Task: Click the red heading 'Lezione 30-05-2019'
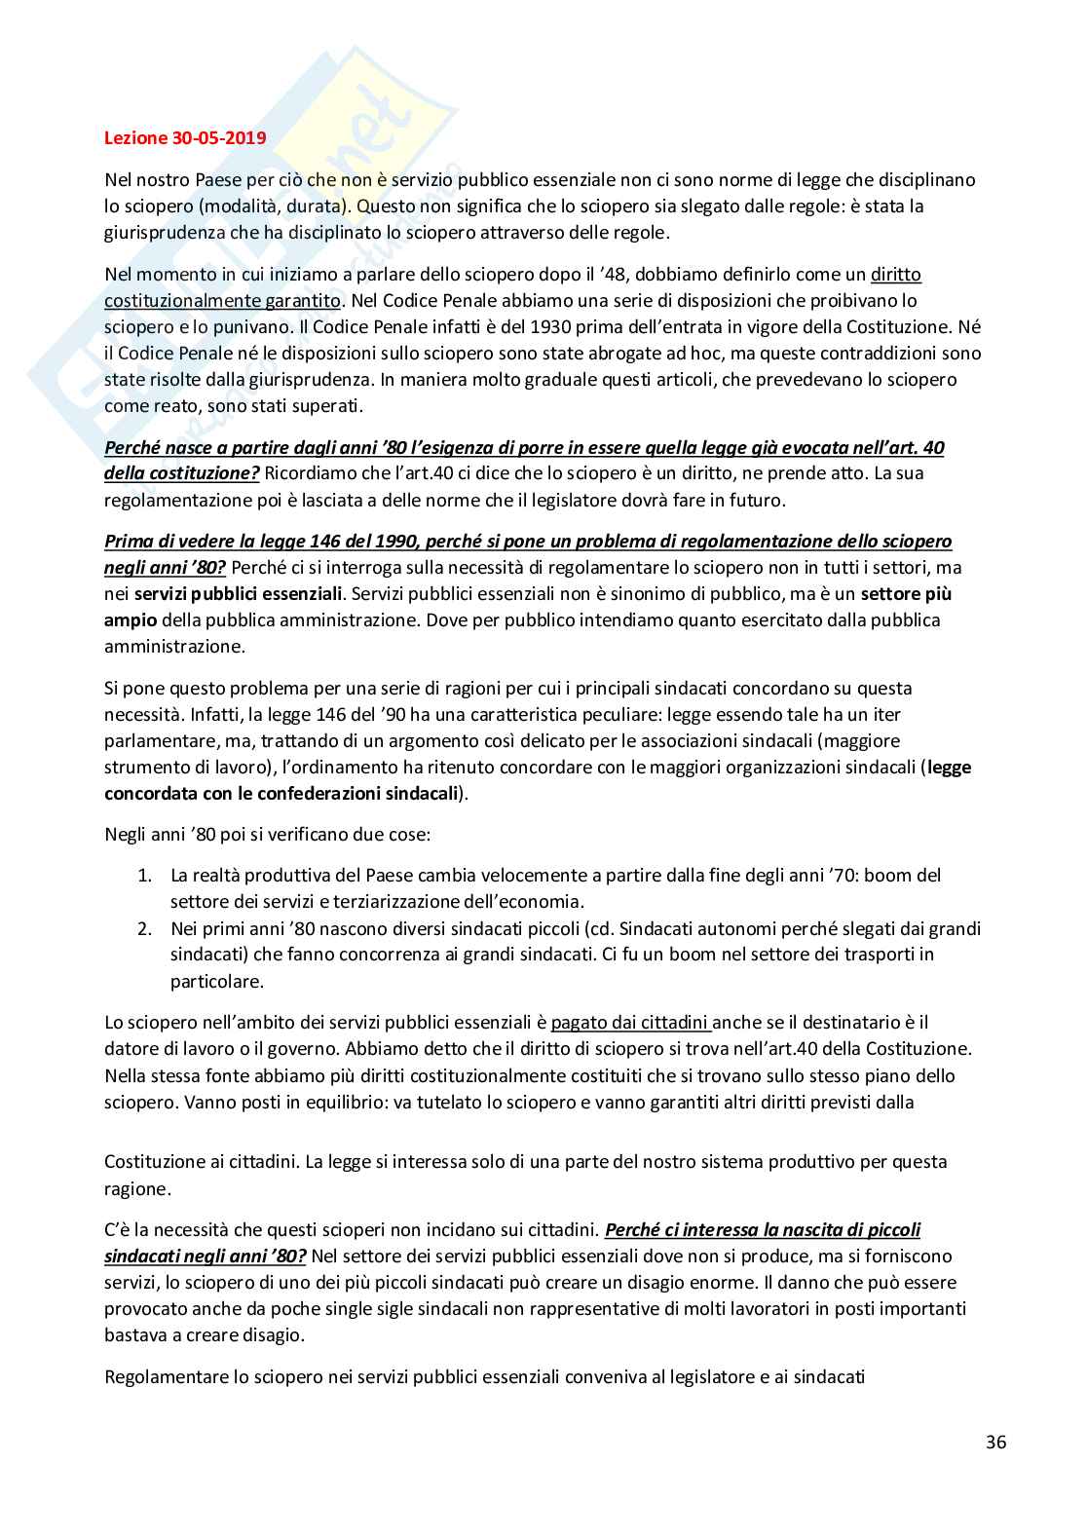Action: pyautogui.click(x=185, y=138)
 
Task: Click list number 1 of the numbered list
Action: pyautogui.click(x=144, y=876)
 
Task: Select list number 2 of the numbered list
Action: pyautogui.click(x=144, y=928)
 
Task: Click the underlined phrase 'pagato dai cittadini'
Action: pyautogui.click(x=630, y=1023)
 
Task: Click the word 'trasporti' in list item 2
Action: pyautogui.click(x=876, y=955)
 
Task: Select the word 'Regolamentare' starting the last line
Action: pyautogui.click(x=163, y=1377)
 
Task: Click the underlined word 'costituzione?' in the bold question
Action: pyautogui.click(x=210, y=473)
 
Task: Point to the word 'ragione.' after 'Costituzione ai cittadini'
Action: pyautogui.click(x=137, y=1188)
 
